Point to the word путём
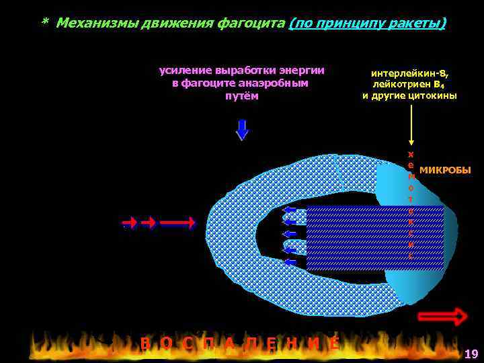tap(240, 95)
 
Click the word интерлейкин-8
tap(409, 73)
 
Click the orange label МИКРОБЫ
tap(445, 169)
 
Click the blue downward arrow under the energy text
tap(242, 129)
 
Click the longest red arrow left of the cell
tap(177, 222)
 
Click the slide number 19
tap(471, 354)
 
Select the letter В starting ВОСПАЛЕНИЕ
tap(145, 344)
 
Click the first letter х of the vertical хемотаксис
tap(411, 155)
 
